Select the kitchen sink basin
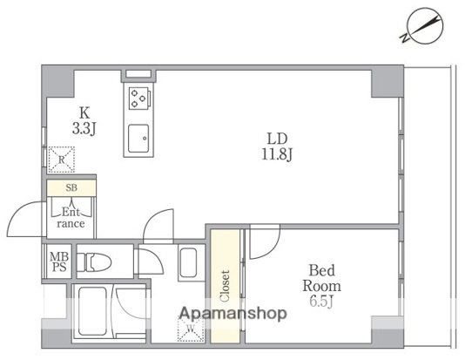pos(138,139)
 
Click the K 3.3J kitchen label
pos(84,121)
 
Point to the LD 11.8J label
pos(277,146)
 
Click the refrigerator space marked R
pos(61,160)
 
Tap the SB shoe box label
pos(71,187)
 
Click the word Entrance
pos(71,218)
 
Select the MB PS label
pos(59,262)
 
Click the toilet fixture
pos(94,262)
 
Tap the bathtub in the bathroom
pos(92,310)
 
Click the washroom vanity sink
pos(187,262)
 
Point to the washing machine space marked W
pos(191,328)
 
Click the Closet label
pos(225,286)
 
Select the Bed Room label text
pos(321,278)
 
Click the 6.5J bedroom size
pos(321,302)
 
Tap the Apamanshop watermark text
pos(233,314)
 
